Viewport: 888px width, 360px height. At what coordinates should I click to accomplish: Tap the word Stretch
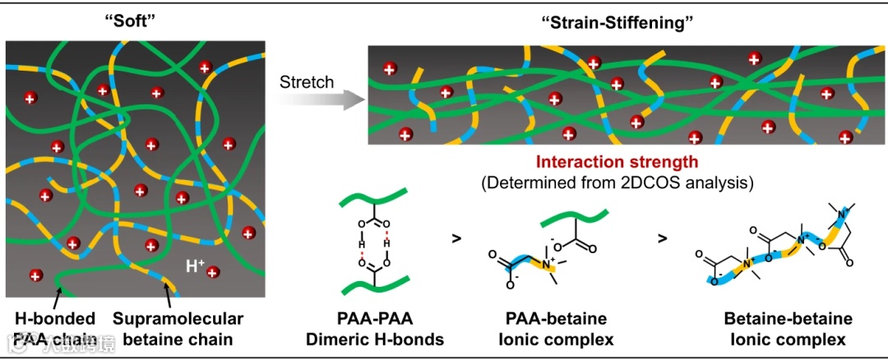[x=307, y=82]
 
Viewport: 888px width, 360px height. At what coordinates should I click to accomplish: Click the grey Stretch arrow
[x=321, y=101]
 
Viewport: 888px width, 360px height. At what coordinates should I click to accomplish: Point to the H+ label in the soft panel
[x=195, y=265]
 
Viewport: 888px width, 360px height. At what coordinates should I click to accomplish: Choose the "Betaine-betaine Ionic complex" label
[x=776, y=328]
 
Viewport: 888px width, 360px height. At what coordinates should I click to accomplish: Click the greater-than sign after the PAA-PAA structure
[x=456, y=239]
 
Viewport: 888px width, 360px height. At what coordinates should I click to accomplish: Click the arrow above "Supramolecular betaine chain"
[x=169, y=293]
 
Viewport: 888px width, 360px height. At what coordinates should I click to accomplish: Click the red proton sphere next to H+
[x=214, y=272]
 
